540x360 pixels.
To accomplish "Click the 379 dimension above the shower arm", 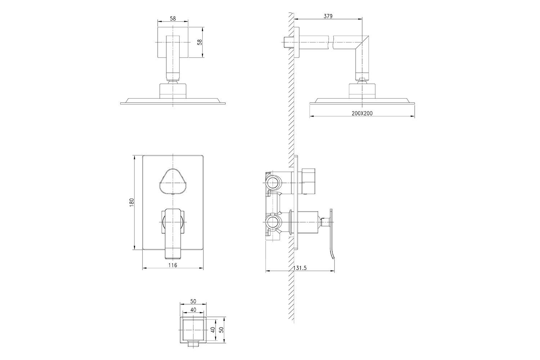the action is coord(328,16).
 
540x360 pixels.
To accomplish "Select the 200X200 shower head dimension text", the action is coord(362,113).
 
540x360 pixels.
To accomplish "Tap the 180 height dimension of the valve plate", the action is coord(131,202).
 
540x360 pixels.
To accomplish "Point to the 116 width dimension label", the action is coord(172,265).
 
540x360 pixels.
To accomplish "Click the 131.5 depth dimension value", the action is coord(300,268).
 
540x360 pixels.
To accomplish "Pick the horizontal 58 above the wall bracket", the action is coord(173,18).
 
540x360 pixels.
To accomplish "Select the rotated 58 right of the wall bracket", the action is coord(199,42).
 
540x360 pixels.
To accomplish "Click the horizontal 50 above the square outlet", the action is coord(193,301).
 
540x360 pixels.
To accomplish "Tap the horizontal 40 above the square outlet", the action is coord(193,310).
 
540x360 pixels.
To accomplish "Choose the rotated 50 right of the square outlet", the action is coord(222,330).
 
